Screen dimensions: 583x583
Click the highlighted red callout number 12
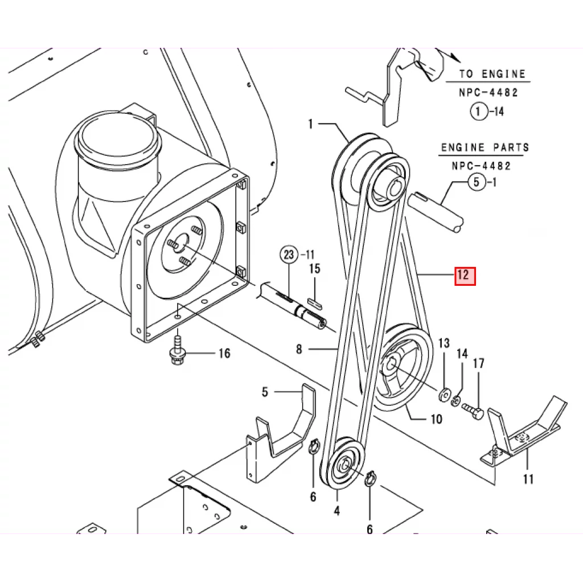(465, 276)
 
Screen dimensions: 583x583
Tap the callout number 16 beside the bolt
(224, 353)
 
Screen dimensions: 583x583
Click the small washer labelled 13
(444, 395)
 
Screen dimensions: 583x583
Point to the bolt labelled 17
(473, 411)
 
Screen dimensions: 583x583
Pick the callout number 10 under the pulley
(437, 420)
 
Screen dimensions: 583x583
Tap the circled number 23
(289, 254)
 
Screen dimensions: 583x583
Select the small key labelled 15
(315, 302)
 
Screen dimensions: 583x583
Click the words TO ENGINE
(492, 74)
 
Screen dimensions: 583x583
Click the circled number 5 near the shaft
(477, 182)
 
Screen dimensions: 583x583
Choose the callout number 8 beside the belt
(299, 349)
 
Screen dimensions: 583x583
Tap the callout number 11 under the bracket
(528, 479)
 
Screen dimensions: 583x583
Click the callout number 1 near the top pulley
(311, 124)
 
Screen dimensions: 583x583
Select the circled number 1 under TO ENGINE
(479, 111)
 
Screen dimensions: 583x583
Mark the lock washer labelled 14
(455, 401)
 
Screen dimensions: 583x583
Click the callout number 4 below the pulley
(337, 511)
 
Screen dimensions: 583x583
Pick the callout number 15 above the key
(314, 269)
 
